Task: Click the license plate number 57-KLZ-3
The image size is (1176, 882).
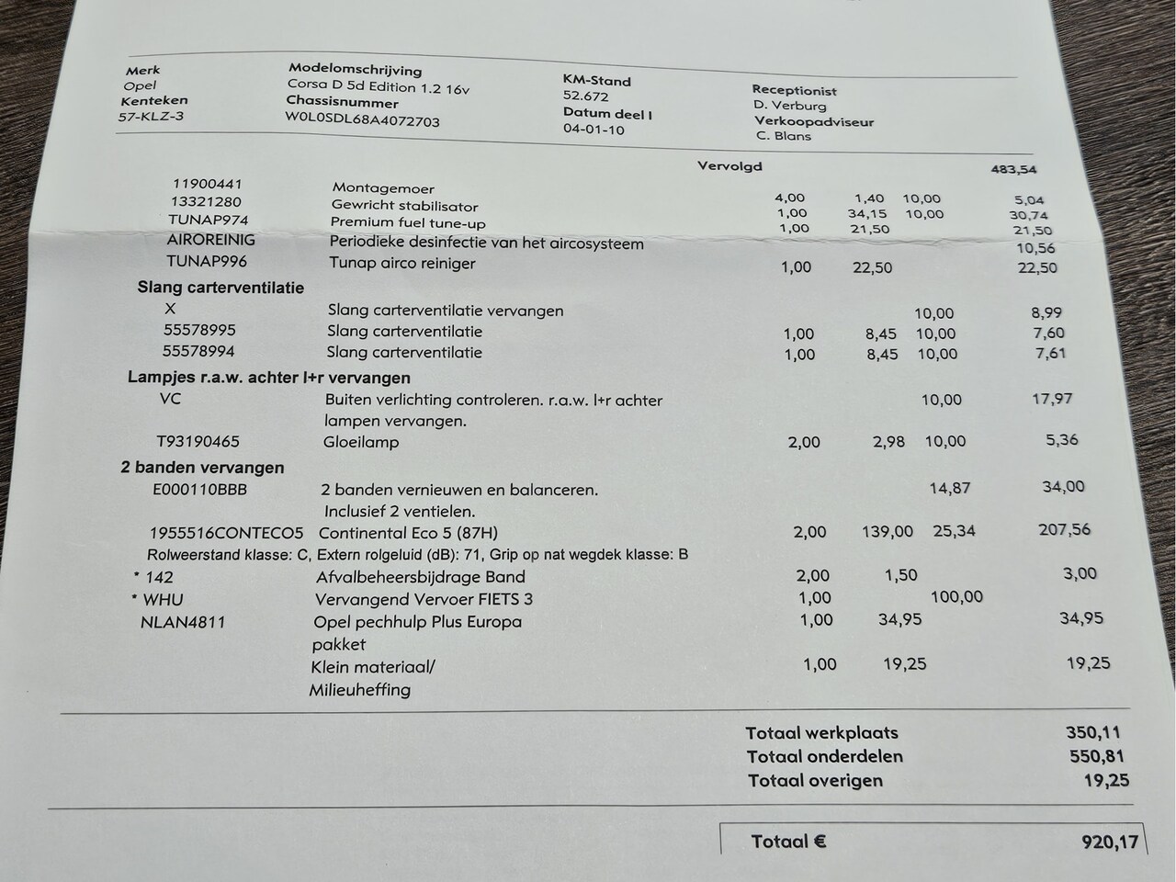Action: coord(151,117)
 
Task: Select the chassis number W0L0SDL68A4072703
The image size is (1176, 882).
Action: coord(362,119)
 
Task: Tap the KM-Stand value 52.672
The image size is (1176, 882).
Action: coord(585,96)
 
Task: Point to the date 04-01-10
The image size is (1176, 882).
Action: coord(594,130)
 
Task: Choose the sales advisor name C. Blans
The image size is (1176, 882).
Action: coord(783,136)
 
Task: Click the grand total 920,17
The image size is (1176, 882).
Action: coord(1110,841)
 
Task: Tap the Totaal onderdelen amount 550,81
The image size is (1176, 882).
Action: coord(1096,756)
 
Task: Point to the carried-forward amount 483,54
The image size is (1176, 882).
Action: coord(1013,169)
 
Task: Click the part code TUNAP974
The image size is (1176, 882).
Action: coord(208,220)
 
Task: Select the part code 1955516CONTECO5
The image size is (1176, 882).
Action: coord(226,533)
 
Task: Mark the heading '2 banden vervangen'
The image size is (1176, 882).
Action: coord(202,468)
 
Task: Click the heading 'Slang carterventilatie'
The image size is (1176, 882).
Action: coord(220,288)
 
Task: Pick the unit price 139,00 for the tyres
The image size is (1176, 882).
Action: coord(888,531)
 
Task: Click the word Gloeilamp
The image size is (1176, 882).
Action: coord(361,442)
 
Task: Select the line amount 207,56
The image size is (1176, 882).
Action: coord(1066,529)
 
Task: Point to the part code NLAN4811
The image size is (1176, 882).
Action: coord(183,622)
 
